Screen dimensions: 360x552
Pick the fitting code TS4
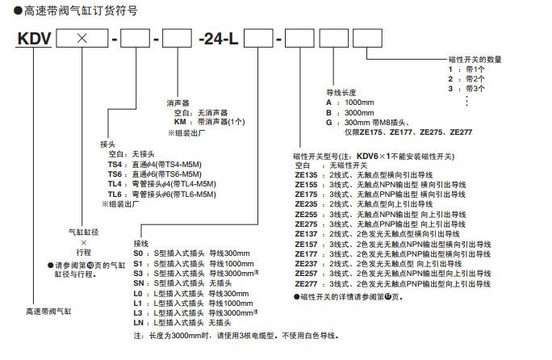tap(115, 164)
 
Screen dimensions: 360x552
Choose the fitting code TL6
tap(115, 195)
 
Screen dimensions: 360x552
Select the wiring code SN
tap(139, 283)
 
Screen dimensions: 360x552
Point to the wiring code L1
tap(138, 303)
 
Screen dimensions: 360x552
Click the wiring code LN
tap(139, 322)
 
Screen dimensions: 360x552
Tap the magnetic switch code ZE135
tap(307, 174)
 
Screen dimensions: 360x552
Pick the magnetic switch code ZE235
tap(307, 204)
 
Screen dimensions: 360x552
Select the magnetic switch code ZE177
tap(307, 253)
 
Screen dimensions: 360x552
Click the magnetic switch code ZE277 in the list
tap(307, 283)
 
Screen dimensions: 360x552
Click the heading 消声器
tap(178, 103)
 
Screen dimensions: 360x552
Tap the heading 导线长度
tap(340, 93)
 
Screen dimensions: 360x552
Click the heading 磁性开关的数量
tap(475, 60)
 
